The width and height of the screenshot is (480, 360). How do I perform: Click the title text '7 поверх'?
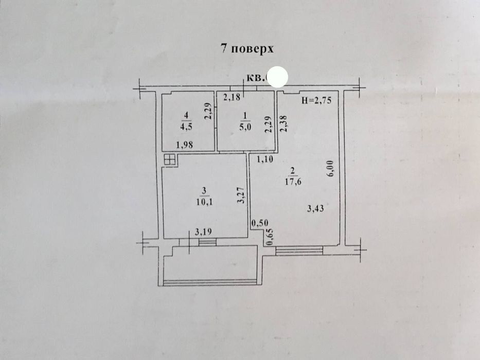tap(246, 49)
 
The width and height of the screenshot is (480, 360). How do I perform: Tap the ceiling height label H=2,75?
tap(319, 101)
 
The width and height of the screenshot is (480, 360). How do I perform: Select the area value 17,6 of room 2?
tap(293, 181)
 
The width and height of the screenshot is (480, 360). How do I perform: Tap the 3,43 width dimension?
tap(315, 208)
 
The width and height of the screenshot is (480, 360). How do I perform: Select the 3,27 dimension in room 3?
tap(239, 196)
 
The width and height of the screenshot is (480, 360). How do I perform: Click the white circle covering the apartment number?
tap(279, 77)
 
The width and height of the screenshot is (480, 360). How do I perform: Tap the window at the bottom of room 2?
tap(299, 250)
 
